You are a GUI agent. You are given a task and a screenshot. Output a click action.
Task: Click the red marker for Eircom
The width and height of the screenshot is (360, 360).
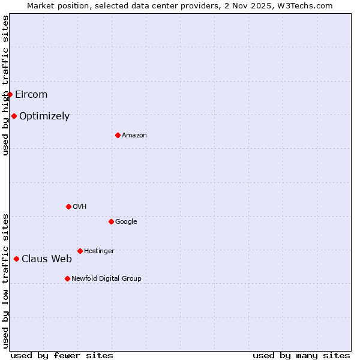(x=10, y=94)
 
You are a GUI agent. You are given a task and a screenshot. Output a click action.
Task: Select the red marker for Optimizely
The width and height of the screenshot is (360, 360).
(x=14, y=116)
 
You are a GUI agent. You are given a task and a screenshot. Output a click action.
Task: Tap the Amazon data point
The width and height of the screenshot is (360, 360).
(x=118, y=135)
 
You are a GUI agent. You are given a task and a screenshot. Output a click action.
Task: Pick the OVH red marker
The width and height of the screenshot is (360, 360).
(x=68, y=206)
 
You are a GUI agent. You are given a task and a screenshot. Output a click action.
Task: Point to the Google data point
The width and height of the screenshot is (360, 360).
(x=111, y=221)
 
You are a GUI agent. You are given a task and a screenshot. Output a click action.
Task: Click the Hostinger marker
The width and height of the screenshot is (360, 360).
(x=80, y=251)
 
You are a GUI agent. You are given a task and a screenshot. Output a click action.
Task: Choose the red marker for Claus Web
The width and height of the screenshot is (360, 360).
(x=16, y=259)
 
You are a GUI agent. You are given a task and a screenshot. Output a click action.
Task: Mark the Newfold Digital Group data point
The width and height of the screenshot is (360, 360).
(x=67, y=278)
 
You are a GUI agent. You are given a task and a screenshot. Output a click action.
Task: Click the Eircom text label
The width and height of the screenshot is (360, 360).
(x=31, y=94)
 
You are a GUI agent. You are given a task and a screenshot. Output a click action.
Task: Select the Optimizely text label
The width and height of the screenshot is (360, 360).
(x=44, y=116)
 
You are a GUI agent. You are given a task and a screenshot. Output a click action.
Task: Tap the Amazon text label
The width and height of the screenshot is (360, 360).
(x=134, y=135)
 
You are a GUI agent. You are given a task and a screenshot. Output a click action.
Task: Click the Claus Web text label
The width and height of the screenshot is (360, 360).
(x=47, y=259)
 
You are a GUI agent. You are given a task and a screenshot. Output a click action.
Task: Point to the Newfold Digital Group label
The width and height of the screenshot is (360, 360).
(x=107, y=278)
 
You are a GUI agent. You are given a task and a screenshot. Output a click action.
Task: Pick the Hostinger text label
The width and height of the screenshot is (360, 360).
(x=99, y=251)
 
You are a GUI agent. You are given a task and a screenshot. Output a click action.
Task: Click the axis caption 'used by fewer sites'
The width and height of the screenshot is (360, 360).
(x=62, y=355)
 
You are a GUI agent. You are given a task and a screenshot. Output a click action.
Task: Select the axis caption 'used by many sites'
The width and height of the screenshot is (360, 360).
(x=301, y=355)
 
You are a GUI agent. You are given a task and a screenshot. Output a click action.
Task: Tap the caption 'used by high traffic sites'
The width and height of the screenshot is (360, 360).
(x=5, y=86)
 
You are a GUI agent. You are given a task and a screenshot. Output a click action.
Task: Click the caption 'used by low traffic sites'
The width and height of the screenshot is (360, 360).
(x=5, y=281)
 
